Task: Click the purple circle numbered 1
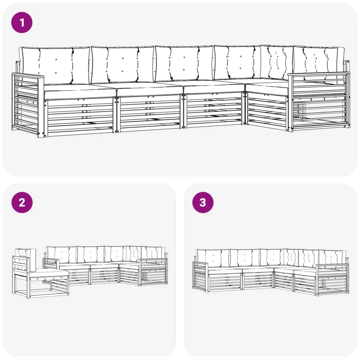[22, 22]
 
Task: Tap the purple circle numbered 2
[22, 202]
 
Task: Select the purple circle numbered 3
[203, 202]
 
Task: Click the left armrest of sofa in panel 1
[27, 105]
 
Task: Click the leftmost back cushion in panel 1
[55, 65]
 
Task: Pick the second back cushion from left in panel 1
[122, 65]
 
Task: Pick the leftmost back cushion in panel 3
[213, 258]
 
